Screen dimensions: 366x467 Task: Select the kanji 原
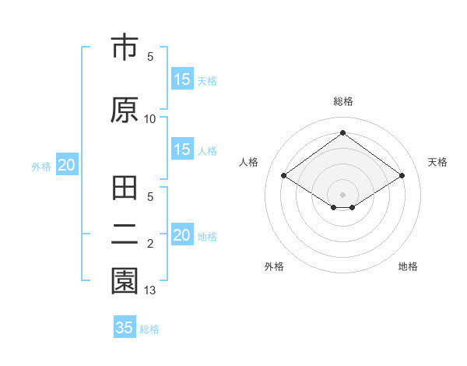125,109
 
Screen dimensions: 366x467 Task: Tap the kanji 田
125,190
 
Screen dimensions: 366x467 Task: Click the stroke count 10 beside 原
150,118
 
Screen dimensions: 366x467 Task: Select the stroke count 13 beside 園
150,290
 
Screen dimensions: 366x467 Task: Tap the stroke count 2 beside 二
150,245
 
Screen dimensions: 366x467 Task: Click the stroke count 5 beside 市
150,57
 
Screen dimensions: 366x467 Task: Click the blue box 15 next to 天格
181,79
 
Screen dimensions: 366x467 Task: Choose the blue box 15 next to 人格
181,150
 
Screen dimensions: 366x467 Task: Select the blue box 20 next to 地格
181,235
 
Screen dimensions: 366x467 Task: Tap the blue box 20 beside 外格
67,165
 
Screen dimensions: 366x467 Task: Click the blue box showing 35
125,328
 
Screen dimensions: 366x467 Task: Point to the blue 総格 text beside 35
149,329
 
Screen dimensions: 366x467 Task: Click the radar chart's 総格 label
342,101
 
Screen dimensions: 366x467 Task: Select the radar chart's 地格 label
408,266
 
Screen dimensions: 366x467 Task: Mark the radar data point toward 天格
402,176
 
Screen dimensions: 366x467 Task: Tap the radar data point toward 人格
283,176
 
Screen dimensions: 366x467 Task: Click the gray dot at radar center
342,193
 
